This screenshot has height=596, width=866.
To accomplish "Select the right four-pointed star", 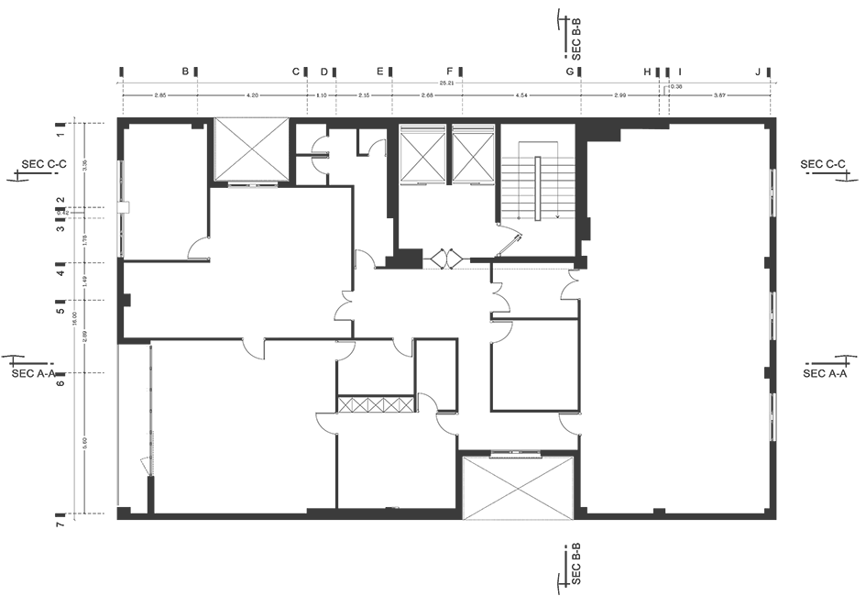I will pyautogui.click(x=473, y=157).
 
